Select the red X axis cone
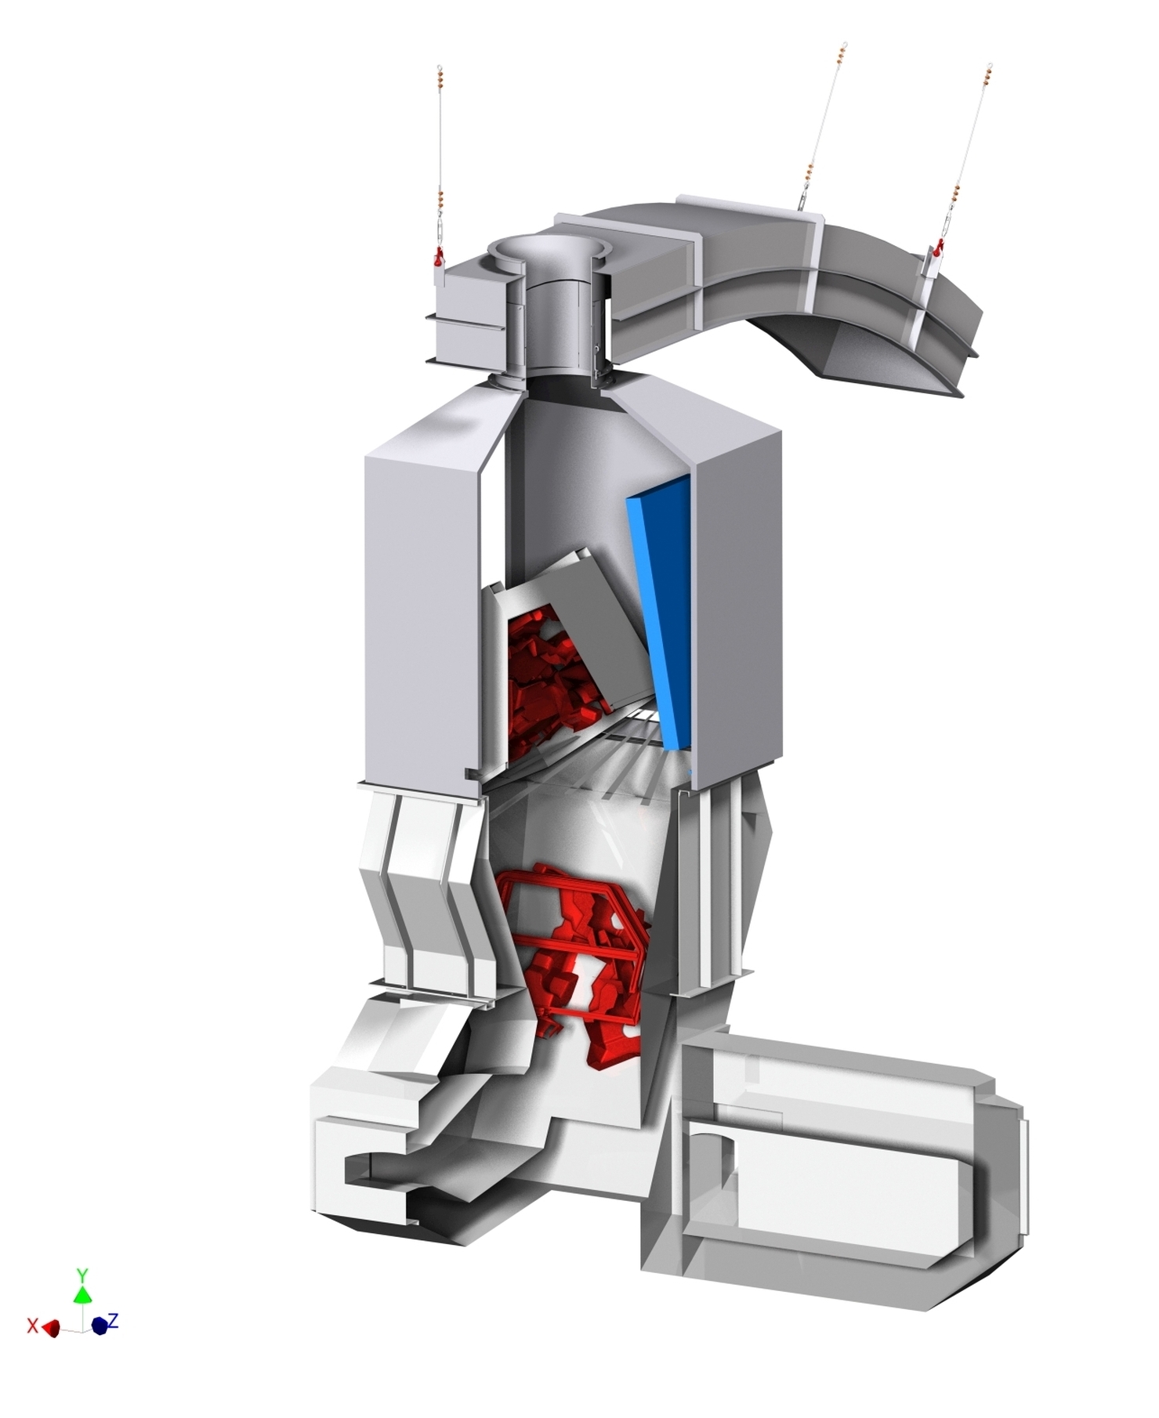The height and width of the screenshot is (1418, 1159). coord(52,1327)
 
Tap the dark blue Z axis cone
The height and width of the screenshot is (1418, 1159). coord(100,1326)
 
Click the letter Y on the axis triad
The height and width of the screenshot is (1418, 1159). coord(81,1274)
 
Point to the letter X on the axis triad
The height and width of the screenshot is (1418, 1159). coord(32,1326)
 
